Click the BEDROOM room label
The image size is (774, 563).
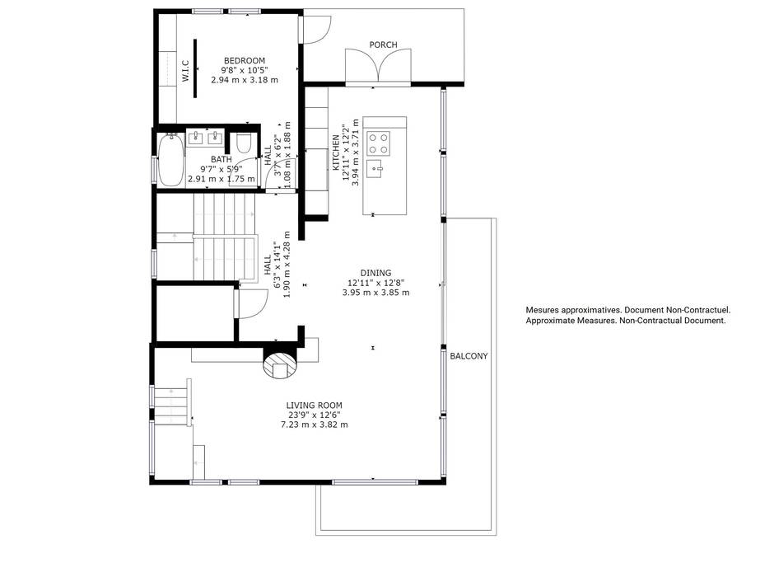pyautogui.click(x=245, y=61)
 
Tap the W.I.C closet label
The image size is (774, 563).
pyautogui.click(x=185, y=71)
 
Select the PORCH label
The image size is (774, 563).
pyautogui.click(x=383, y=45)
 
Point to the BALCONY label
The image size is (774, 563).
pyautogui.click(x=469, y=356)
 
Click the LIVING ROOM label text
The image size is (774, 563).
pyautogui.click(x=314, y=406)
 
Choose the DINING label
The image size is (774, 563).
pyautogui.click(x=375, y=273)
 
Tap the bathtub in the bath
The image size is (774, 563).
pyautogui.click(x=171, y=160)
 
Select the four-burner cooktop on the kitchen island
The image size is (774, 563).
pyautogui.click(x=378, y=143)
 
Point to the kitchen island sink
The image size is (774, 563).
pyautogui.click(x=375, y=169)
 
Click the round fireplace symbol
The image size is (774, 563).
pyautogui.click(x=279, y=364)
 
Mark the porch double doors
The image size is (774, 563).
pyautogui.click(x=378, y=65)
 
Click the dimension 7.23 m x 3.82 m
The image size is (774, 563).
pyautogui.click(x=314, y=425)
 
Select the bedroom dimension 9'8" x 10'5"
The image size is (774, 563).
pyautogui.click(x=245, y=70)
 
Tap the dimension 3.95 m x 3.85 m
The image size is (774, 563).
pyautogui.click(x=375, y=292)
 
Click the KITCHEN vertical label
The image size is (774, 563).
pyautogui.click(x=336, y=152)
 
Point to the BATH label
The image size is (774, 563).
pyautogui.click(x=221, y=160)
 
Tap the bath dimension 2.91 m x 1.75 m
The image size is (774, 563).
pyautogui.click(x=221, y=179)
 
